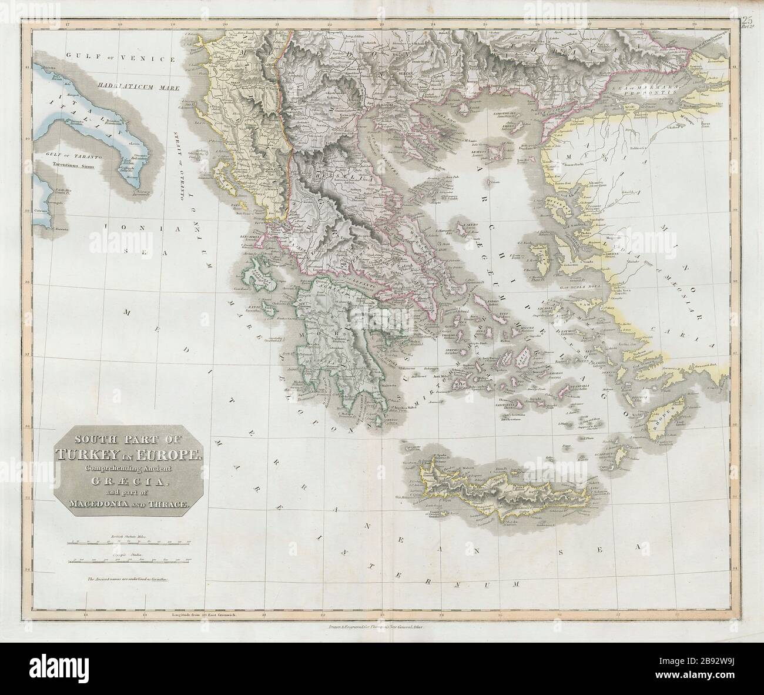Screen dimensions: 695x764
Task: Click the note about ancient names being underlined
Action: tap(128, 579)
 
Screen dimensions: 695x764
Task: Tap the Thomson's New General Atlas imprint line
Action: tap(382, 627)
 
